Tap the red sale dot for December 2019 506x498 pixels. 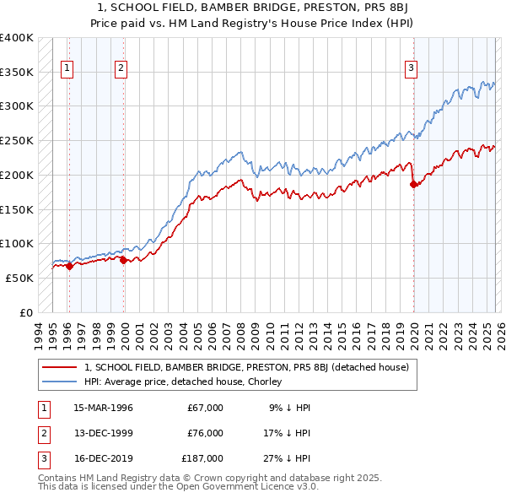[x=413, y=184]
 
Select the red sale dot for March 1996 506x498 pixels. [x=69, y=266]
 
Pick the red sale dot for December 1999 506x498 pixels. [x=123, y=260]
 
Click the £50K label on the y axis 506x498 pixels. [x=19, y=278]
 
